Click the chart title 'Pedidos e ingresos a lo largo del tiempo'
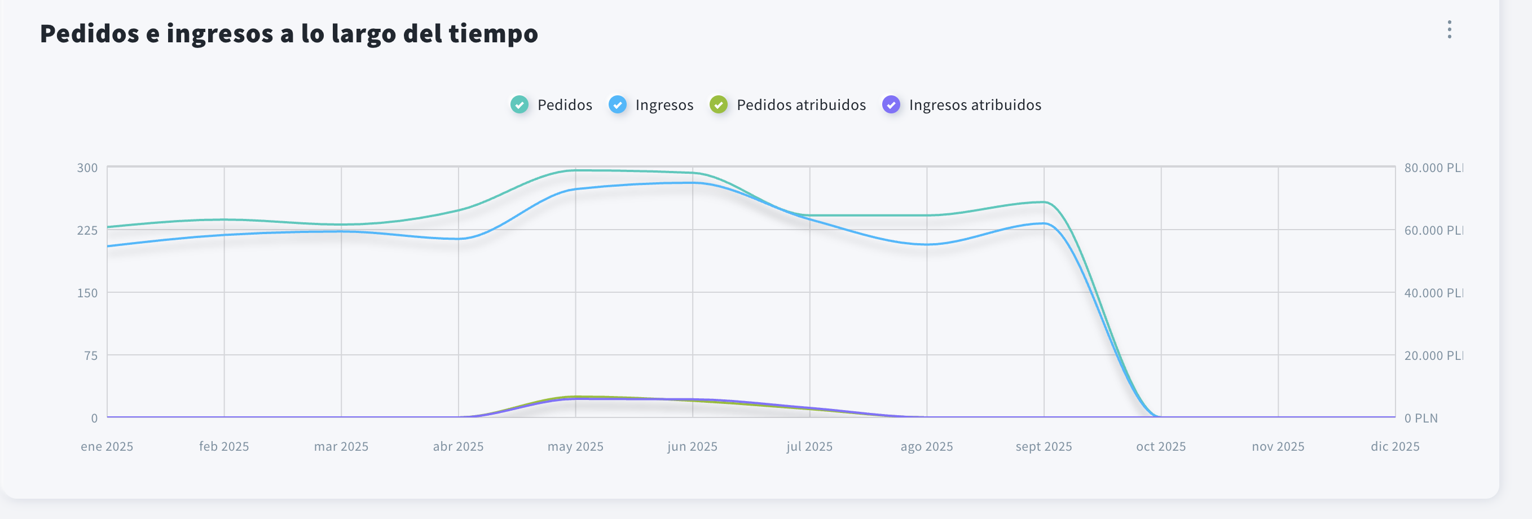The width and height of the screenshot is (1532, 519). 288,33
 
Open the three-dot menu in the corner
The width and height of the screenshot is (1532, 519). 1449,30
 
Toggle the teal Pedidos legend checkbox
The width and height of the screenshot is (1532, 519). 519,104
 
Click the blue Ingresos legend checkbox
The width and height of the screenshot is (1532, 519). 617,104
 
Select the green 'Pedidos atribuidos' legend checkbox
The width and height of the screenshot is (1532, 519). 719,104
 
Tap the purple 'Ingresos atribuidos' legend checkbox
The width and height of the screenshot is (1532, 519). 891,104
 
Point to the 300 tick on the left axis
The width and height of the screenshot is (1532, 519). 87,168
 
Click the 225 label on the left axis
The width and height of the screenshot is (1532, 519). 87,230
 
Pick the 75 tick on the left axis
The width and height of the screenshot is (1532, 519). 91,355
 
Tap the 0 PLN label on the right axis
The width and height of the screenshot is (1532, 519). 1421,418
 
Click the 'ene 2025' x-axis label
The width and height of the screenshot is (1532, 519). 107,446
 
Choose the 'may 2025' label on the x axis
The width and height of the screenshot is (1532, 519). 575,446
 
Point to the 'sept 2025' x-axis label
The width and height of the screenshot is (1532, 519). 1043,446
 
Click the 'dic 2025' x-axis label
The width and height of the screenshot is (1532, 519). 1394,446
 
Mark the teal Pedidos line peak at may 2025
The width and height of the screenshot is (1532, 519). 576,170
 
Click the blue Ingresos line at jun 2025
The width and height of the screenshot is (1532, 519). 692,183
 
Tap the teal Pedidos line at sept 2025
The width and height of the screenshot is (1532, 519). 1044,202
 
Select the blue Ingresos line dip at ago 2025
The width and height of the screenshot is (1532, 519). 927,244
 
